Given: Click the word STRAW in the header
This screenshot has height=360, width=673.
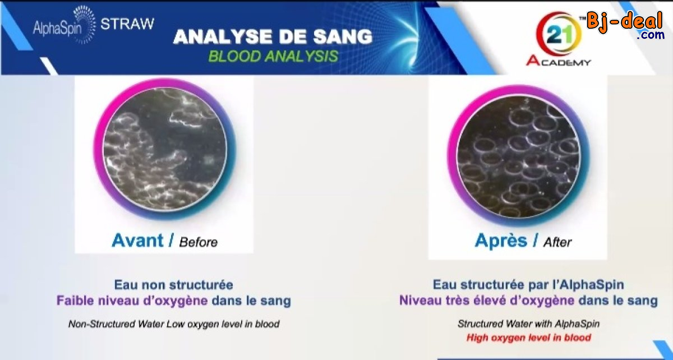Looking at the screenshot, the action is coord(127,24).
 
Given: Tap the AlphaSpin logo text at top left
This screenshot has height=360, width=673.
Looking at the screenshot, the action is coord(57,29).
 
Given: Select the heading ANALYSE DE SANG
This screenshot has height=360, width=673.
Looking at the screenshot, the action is coord(273,37).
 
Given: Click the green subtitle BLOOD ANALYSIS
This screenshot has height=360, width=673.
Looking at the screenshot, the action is coord(273,56).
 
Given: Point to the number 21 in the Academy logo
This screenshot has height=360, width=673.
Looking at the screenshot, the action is coord(560,35).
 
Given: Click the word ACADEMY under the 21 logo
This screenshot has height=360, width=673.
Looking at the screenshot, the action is coord(559,61).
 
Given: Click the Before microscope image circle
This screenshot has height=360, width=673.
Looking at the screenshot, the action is coord(165,149).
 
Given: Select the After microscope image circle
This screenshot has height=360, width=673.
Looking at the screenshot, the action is coord(518,156).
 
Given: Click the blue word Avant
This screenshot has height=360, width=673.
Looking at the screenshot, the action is coord(137,241).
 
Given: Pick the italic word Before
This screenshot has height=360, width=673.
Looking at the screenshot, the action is coord(199,242).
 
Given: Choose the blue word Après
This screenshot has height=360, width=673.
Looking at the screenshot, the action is coord(501,241).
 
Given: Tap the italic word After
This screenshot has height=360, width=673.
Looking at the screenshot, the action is coord(557,242).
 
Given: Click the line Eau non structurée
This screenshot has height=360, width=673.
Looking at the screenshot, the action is coord(174,285).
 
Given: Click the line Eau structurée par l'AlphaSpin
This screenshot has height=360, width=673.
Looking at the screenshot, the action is coord(528,285).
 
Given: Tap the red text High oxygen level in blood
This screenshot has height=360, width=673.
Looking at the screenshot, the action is coord(529,338).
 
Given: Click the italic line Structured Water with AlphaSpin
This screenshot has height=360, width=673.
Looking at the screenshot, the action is coord(528,324).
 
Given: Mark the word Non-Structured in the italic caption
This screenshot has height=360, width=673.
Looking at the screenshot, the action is coord(102,324).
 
